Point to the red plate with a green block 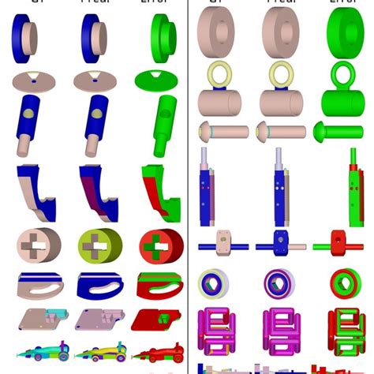pyautogui.click(x=157, y=319)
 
